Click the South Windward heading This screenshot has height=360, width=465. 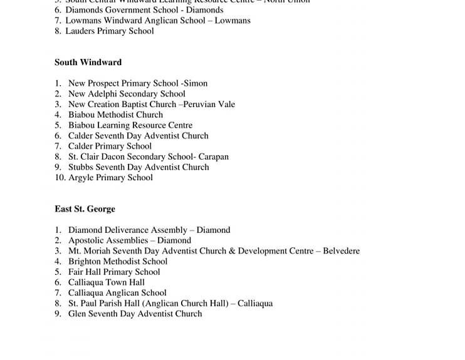tap(88, 63)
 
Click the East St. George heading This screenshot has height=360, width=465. tap(85, 209)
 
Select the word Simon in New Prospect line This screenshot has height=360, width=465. tap(196, 83)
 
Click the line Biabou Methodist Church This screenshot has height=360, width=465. tap(115, 115)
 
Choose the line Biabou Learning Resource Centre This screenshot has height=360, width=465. tap(130, 125)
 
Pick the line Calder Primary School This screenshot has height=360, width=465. tap(110, 147)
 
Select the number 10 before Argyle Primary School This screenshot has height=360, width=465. tap(60, 178)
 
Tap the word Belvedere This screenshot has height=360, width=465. tap(341, 251)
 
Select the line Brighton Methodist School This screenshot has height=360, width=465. tap(118, 262)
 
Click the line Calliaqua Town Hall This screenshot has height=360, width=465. tap(107, 282)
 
